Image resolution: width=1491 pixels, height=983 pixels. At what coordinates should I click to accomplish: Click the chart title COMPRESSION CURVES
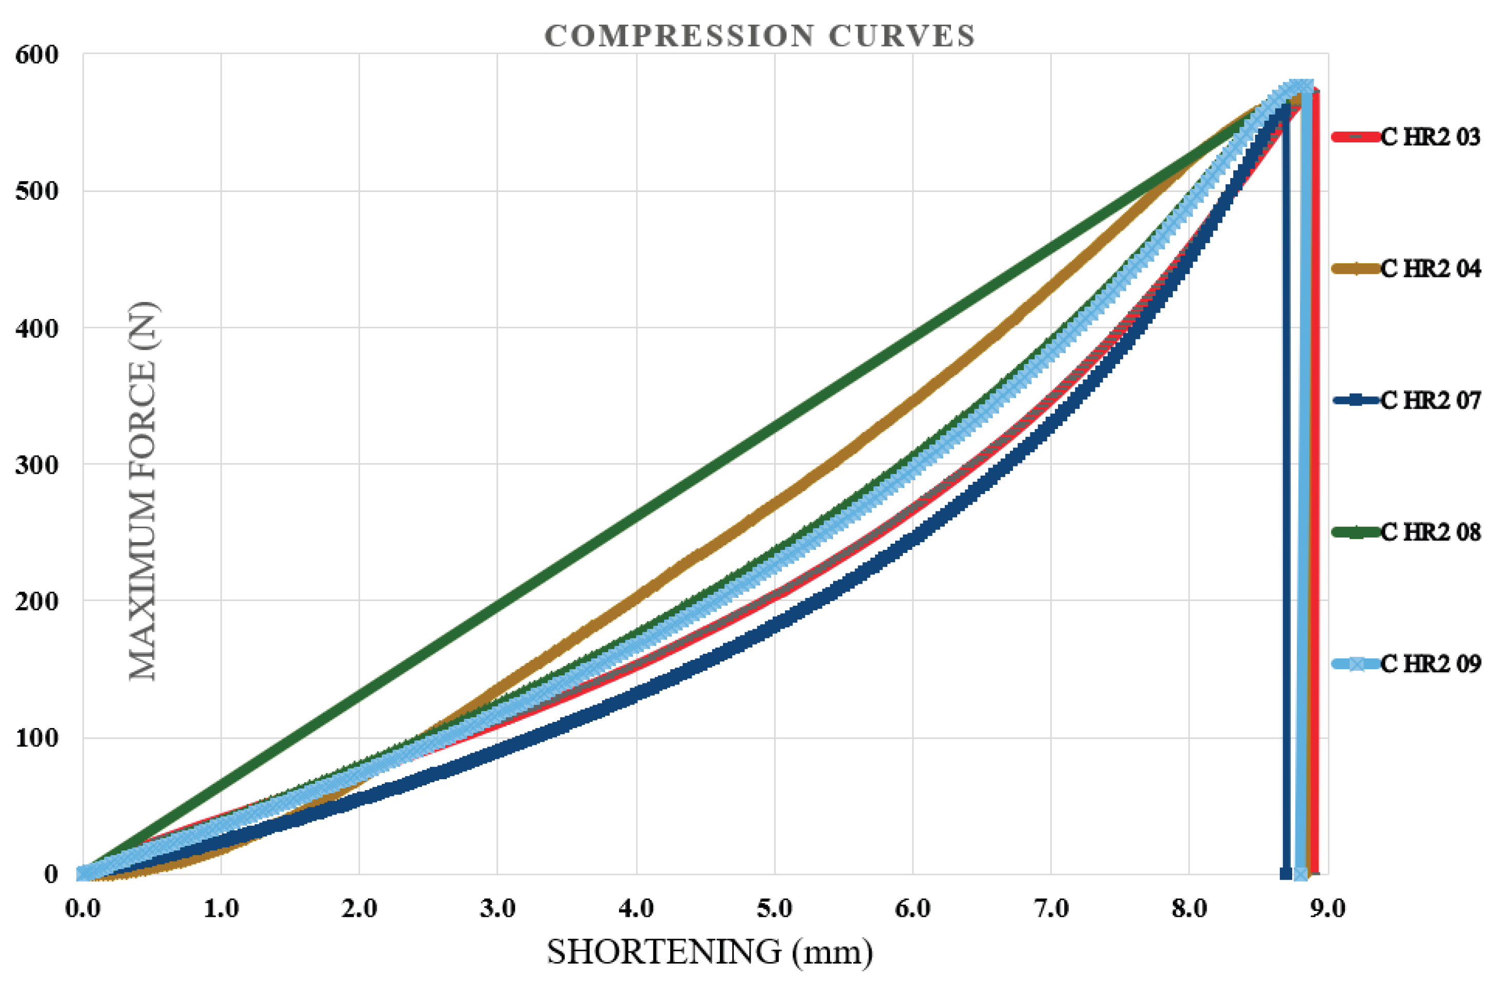[760, 36]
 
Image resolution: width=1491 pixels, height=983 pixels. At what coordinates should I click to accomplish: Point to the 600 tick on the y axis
[36, 55]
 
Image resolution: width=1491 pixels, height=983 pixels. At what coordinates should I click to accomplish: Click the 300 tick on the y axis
[36, 464]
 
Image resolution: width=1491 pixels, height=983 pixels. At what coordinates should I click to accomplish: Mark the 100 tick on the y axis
[36, 738]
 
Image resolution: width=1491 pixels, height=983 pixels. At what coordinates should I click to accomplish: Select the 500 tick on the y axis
[36, 191]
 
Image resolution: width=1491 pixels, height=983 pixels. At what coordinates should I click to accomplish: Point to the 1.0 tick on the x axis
[221, 908]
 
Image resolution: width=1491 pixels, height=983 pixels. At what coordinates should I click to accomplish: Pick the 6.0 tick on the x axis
[913, 908]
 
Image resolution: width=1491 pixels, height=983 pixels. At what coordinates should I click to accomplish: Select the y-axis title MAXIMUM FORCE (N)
[143, 492]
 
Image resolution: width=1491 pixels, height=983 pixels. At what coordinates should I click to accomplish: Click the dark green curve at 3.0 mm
[498, 601]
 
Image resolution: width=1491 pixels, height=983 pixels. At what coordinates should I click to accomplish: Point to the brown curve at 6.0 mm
[913, 396]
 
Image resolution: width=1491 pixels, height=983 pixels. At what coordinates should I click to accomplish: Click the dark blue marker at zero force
[1285, 873]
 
